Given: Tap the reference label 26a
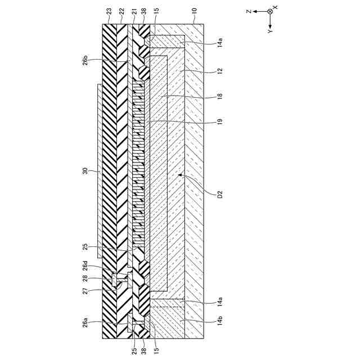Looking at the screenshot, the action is pos(84,323).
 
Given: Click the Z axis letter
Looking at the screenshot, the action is pos(248,11).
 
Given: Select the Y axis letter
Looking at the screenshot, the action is pos(270,32).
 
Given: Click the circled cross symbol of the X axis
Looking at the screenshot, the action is pos(270,11).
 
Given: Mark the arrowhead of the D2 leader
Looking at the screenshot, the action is pos(179,175).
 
